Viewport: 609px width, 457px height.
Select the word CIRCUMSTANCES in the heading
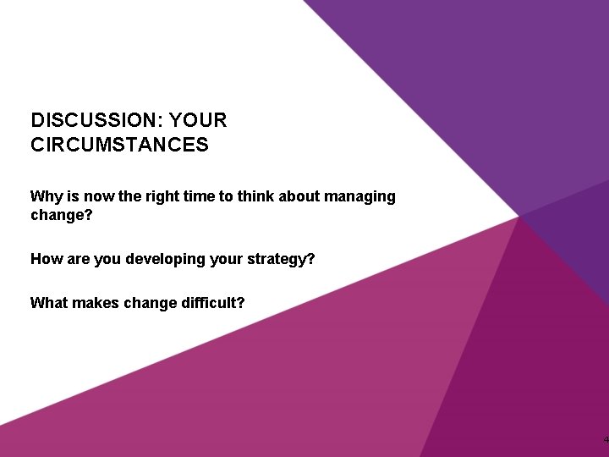tap(119, 145)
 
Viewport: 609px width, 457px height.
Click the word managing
tap(360, 196)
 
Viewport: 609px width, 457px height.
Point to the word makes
tap(97, 301)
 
